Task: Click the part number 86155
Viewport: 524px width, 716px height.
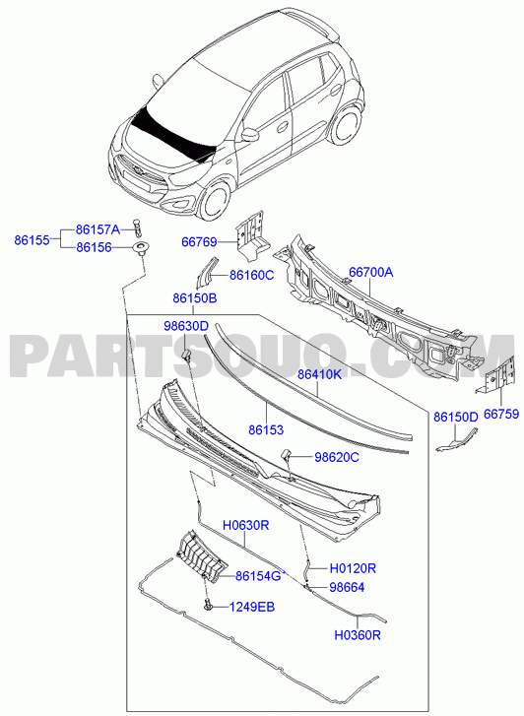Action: coord(32,239)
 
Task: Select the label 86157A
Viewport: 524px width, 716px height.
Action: coord(98,229)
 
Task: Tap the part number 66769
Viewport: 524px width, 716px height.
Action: coord(199,241)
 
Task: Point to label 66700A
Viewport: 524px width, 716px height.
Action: coord(371,273)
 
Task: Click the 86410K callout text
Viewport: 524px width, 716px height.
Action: coord(320,375)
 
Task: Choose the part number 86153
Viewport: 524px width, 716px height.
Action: coord(266,429)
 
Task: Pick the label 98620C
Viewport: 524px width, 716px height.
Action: coord(337,457)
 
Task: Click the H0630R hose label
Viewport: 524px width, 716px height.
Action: coord(246,526)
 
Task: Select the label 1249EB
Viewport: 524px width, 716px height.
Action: coord(252,608)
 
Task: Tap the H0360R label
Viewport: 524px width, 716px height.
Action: coord(358,635)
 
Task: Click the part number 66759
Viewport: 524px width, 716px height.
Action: coord(501,415)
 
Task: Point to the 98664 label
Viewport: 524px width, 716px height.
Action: coord(348,587)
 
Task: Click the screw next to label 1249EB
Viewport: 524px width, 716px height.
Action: coord(209,605)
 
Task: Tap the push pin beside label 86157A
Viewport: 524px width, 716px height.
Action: coord(138,227)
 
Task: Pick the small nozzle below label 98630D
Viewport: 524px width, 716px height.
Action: coord(185,355)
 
